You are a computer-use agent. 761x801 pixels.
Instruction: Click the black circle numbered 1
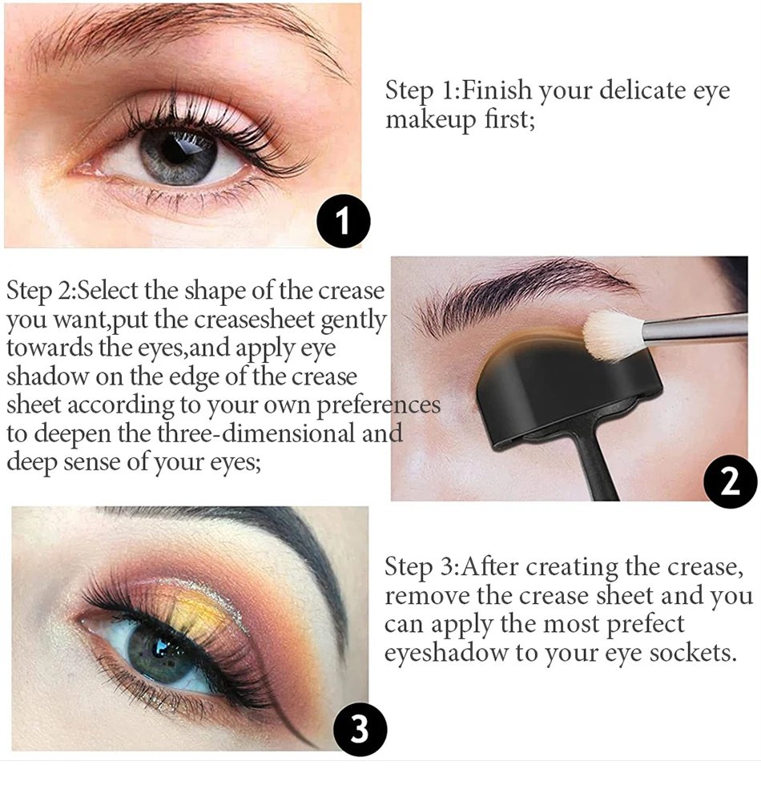click(x=343, y=221)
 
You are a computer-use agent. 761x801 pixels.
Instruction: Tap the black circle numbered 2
click(x=731, y=481)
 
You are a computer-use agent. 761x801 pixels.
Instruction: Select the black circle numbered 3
click(x=360, y=728)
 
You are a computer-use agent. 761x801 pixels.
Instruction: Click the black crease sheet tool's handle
click(x=598, y=465)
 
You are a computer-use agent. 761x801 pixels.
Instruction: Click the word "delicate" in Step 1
click(x=642, y=90)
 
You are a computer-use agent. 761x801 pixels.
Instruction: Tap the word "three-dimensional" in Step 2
click(x=256, y=433)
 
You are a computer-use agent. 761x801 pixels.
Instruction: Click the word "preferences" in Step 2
click(x=378, y=406)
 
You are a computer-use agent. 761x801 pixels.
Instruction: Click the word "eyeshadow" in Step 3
click(x=446, y=653)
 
